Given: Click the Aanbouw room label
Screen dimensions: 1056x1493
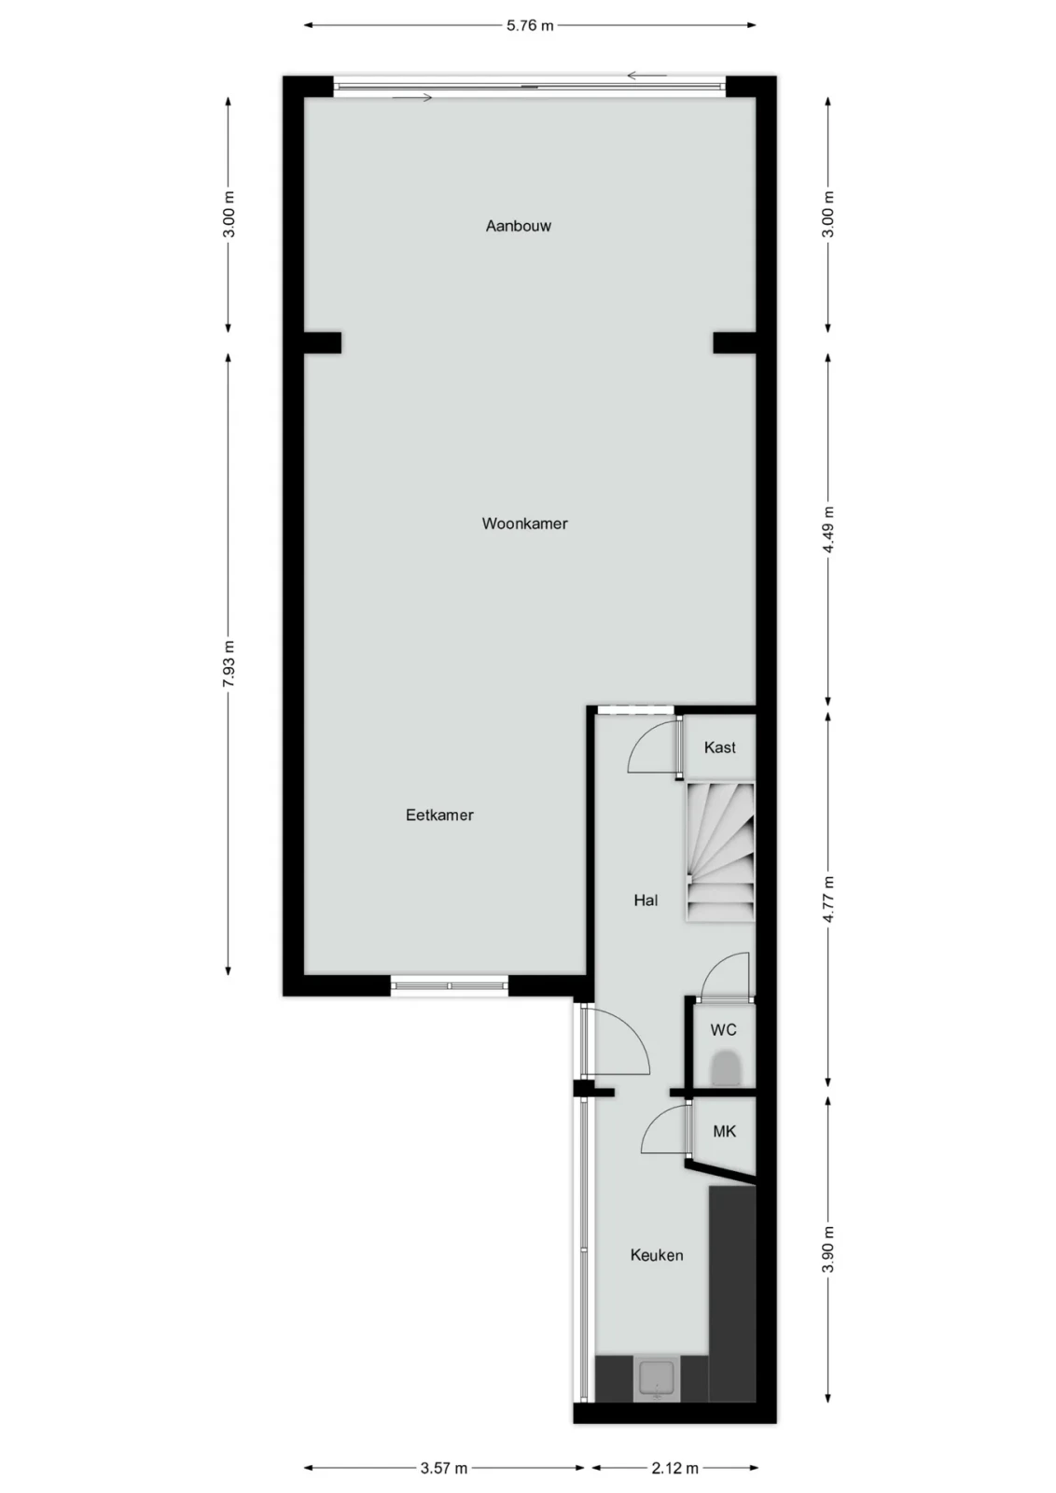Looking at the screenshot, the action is point(519,226).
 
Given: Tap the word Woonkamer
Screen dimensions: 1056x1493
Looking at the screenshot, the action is point(525,523).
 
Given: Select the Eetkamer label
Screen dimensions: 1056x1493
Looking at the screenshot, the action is point(439,815).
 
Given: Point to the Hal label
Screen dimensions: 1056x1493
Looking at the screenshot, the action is point(646,900).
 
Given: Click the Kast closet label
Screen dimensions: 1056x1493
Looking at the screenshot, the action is point(719,747).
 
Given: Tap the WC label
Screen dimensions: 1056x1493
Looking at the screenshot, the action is point(724,1030).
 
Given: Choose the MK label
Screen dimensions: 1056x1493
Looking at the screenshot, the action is point(724,1131).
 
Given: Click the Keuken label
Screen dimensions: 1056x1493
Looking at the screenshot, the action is point(657,1255).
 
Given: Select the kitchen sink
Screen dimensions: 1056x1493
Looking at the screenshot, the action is point(657,1380).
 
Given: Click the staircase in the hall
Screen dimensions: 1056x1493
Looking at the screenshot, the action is point(720,853).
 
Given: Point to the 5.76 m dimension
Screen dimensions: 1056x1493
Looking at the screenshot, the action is point(530,26).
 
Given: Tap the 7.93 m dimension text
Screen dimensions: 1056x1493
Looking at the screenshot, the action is point(229,663).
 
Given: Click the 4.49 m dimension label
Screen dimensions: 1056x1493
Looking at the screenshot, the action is point(828,530).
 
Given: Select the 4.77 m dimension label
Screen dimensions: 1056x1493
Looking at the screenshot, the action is point(828,900).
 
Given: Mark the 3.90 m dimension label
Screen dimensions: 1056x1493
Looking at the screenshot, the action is point(828,1249).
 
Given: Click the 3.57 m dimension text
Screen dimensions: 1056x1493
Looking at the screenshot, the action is point(444,1468).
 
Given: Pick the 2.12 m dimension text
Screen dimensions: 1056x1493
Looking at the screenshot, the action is point(674,1468).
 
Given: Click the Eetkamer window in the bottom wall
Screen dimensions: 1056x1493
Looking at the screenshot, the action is point(449,985).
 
